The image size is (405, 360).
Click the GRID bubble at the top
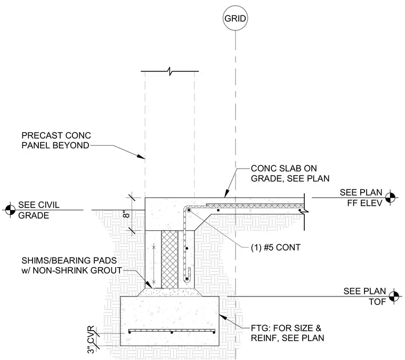pos(235,18)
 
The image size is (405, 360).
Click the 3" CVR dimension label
pos(91,340)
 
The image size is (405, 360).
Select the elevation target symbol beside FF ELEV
pos(390,198)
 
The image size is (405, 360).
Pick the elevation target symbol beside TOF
pos(394,296)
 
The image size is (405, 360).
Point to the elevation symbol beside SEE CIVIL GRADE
pos(10,210)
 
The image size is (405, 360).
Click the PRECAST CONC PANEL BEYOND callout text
pos(56,140)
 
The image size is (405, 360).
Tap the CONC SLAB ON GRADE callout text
pos(290,173)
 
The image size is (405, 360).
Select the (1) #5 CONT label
pos(276,247)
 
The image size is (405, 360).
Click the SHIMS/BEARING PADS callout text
pos(71,265)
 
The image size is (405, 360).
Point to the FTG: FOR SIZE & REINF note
pos(287,333)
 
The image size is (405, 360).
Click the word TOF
pos(377,301)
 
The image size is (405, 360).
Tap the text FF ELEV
pos(365,203)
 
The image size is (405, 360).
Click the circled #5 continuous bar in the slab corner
pos(189,210)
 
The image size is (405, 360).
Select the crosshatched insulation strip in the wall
pos(169,260)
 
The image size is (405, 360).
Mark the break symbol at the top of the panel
pos(169,71)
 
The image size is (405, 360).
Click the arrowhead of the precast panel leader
pos(141,157)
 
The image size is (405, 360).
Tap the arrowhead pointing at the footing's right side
pos(223,317)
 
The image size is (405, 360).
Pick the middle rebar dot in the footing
pos(172,332)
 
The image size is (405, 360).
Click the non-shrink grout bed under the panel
pos(169,292)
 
